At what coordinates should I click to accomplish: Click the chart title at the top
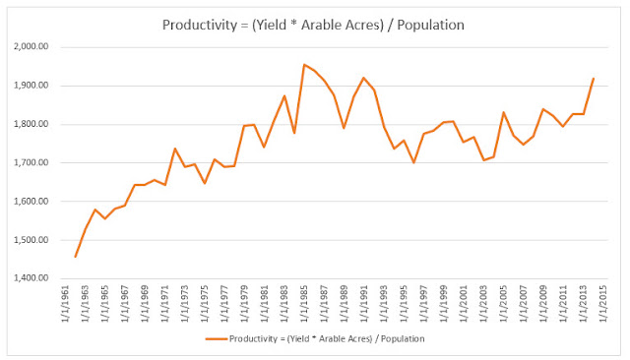point(313,25)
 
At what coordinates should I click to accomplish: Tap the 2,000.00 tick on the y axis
point(31,46)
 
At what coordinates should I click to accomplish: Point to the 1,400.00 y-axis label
point(31,278)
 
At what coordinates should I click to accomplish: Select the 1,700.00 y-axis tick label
point(31,162)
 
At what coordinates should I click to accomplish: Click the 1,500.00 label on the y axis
point(31,240)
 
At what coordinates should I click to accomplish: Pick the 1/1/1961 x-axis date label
point(66,303)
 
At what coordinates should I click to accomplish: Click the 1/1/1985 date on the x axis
point(304,303)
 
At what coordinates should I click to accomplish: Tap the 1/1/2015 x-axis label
point(602,303)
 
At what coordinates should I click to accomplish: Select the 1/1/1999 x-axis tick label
point(444,303)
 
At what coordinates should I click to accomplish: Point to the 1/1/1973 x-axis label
point(185,303)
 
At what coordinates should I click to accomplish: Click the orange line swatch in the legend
point(217,338)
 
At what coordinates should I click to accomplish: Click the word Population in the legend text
point(403,338)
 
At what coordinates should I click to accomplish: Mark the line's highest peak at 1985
point(304,64)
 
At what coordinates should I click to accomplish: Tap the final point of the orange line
point(594,79)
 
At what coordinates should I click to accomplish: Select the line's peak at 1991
point(363,78)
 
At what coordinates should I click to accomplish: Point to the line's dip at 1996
point(413,162)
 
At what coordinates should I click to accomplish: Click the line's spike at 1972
point(175,149)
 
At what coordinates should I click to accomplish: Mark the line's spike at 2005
point(503,112)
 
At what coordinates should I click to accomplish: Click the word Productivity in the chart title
point(200,25)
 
